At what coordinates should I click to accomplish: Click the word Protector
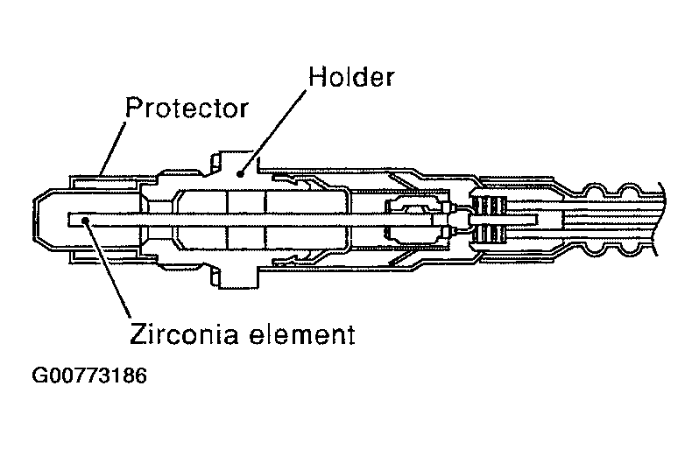187,109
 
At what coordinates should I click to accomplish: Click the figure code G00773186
89,377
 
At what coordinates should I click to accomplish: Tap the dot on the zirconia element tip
85,221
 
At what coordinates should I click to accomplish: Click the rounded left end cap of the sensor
39,220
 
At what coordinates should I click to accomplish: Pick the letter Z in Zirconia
137,333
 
